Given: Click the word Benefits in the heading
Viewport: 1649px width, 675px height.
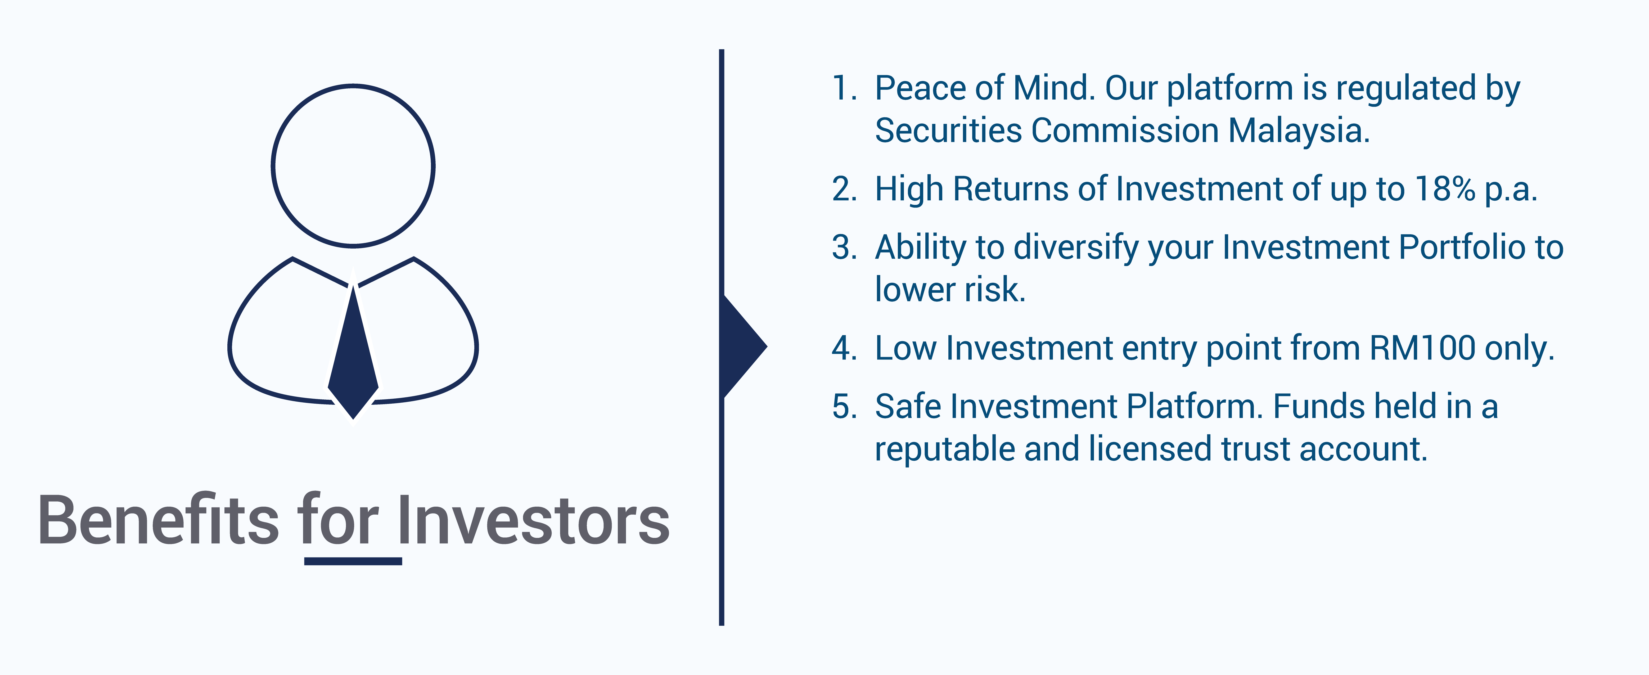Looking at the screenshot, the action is click(x=159, y=520).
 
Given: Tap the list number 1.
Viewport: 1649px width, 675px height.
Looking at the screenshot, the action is click(x=844, y=88).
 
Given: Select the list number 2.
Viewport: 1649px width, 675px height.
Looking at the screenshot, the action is click(x=844, y=190).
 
